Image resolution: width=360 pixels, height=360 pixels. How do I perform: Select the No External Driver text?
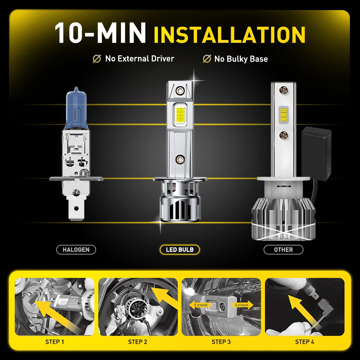pos(140,59)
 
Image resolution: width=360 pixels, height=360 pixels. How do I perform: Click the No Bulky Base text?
pos(241,59)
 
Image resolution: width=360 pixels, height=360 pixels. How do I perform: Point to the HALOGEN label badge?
pos(76,249)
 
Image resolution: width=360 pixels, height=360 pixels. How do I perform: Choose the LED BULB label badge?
pos(180,249)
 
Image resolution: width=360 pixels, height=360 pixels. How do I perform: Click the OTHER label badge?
pos(283,249)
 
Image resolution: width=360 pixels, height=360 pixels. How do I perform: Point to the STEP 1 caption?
pos(55,342)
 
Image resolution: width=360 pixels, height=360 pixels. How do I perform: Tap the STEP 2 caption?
pos(138,342)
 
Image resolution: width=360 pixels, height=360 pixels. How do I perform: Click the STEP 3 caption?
pos(221,342)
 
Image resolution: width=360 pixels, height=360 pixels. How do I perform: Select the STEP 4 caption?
pos(305,342)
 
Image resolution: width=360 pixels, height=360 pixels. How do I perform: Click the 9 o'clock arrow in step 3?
pos(198,305)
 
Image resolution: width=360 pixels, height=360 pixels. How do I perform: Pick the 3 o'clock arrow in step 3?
pos(243,305)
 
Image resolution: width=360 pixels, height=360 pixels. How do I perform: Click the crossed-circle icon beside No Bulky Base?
pos(207,59)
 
